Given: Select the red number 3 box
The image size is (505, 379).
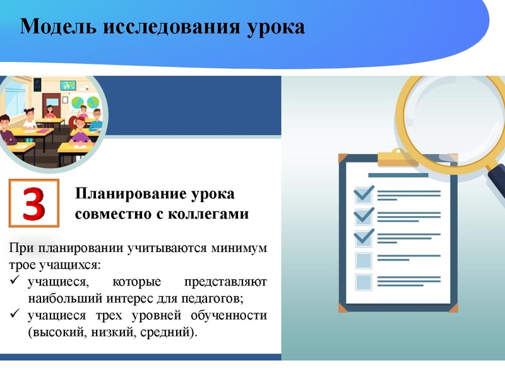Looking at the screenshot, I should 34,203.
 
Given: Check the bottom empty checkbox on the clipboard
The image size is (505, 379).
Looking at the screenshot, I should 364,282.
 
